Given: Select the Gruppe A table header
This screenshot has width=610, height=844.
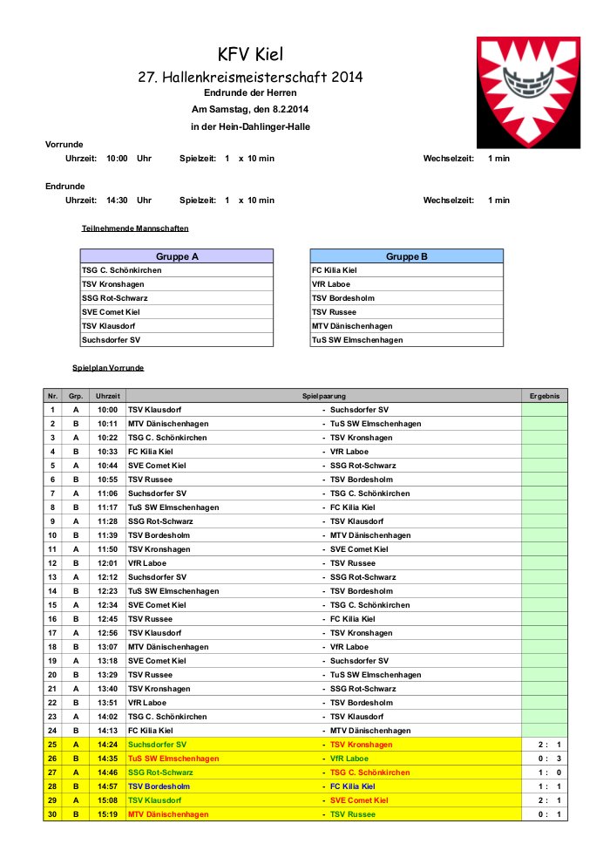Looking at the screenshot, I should point(177,256).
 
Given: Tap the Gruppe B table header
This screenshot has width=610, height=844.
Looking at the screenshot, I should point(406,256).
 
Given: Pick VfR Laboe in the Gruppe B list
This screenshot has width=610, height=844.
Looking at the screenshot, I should point(332,284).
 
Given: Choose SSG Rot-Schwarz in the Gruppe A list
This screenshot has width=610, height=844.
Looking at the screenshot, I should point(115,298).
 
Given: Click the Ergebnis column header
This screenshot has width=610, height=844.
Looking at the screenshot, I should point(545,396).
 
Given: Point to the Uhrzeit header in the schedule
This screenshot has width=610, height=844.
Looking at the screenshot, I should point(107,396).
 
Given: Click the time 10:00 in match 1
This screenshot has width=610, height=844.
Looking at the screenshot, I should point(107,410).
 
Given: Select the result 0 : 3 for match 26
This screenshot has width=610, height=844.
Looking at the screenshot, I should point(545,759).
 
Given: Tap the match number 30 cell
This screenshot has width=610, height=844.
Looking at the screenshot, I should point(52,814).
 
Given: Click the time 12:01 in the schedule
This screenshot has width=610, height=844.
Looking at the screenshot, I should point(107,563).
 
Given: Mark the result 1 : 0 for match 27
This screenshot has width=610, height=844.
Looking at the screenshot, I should point(545,773).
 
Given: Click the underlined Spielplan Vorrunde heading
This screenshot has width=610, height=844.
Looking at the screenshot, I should point(108,368).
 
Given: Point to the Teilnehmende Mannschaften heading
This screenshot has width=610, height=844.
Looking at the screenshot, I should point(135,228).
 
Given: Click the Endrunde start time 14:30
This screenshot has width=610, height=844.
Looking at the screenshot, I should point(117,201).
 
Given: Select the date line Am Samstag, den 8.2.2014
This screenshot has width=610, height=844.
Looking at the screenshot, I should point(250,110).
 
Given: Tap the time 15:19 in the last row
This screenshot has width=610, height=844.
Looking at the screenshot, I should point(107,814).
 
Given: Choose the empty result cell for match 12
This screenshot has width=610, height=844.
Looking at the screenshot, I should point(545,563).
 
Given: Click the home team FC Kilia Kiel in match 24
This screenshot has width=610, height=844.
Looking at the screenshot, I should point(151,731).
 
